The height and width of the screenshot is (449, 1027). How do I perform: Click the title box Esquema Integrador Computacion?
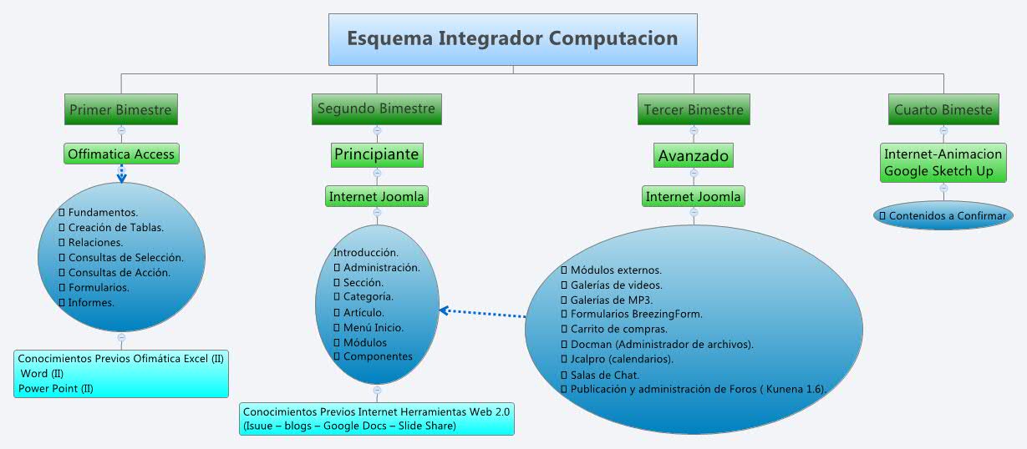tap(512, 39)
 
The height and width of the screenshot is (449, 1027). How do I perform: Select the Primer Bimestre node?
tap(121, 109)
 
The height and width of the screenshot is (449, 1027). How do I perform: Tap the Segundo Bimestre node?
tap(376, 108)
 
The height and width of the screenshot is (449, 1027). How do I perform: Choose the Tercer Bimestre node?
tap(693, 109)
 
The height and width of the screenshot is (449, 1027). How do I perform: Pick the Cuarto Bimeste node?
tap(943, 109)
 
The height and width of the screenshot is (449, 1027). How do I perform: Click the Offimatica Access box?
tap(121, 154)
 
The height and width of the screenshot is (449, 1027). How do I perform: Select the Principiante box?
tap(376, 154)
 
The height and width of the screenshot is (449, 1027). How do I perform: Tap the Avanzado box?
tap(694, 155)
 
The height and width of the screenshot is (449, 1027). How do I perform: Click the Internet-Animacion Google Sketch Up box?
tap(943, 163)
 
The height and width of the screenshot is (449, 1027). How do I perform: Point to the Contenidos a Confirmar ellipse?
tap(943, 215)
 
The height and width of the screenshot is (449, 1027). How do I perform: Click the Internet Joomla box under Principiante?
tap(377, 197)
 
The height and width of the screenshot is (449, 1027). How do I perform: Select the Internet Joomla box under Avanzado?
tap(694, 197)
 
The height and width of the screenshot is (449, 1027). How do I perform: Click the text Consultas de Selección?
tap(125, 257)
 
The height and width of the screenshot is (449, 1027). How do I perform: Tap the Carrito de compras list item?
tap(618, 329)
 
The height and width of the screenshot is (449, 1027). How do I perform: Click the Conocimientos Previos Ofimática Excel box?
tap(121, 373)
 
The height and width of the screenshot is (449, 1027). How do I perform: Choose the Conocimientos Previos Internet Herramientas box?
tap(376, 418)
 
